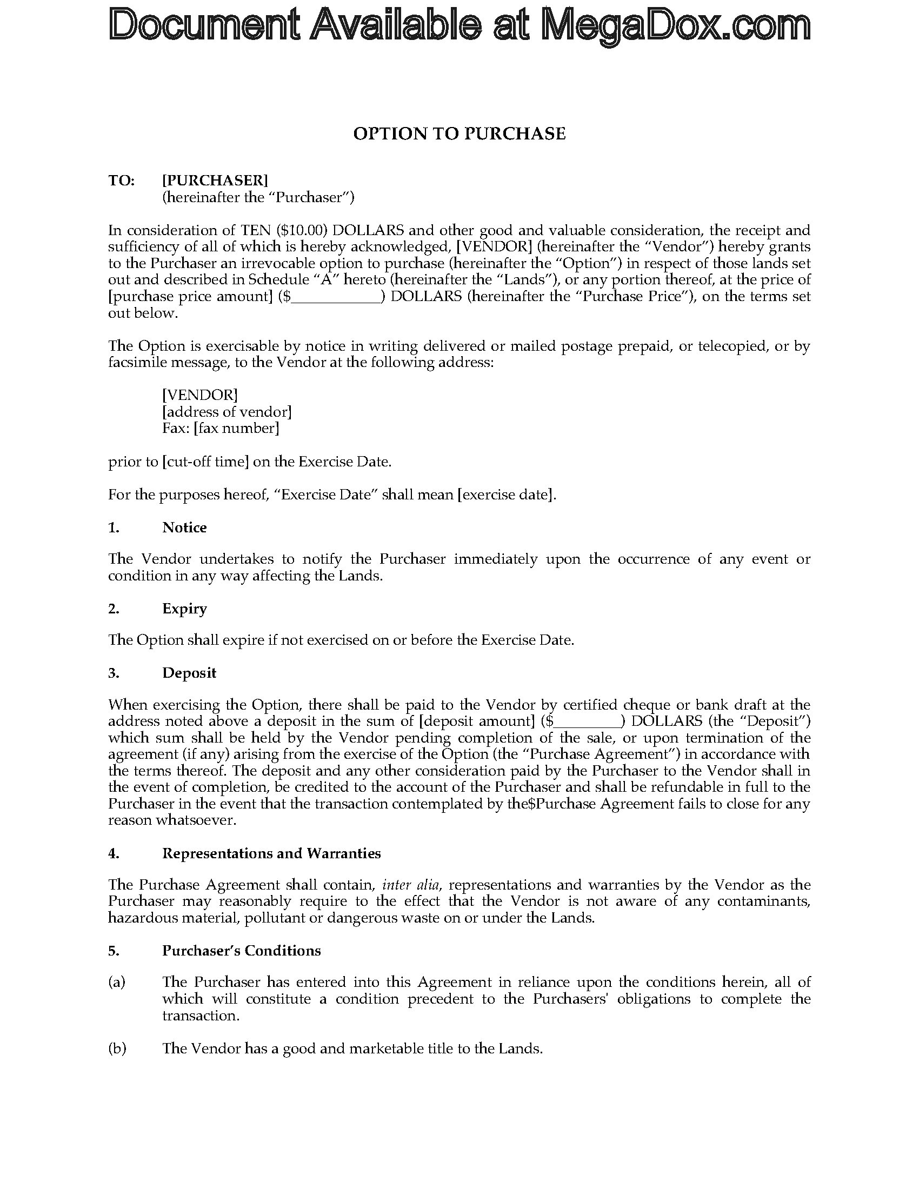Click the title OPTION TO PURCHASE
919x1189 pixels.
[x=459, y=134]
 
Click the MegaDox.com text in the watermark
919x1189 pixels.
[x=675, y=26]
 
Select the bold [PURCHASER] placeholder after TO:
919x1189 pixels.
[x=215, y=180]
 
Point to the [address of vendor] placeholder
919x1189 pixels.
[x=227, y=412]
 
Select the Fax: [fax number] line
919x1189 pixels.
[x=221, y=429]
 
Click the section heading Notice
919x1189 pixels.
[x=184, y=527]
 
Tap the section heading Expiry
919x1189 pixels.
[x=184, y=609]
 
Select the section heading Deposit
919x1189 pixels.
[x=189, y=673]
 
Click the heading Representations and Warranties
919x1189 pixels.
[x=271, y=853]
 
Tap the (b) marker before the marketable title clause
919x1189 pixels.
[x=117, y=1048]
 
